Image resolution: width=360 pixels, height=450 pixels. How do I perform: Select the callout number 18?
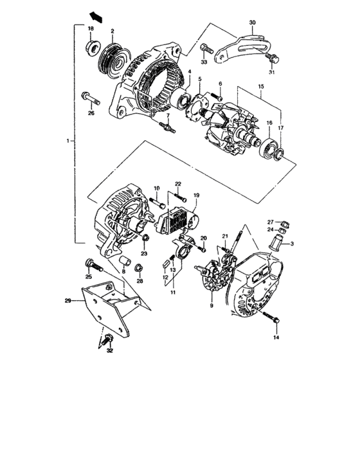coord(91,30)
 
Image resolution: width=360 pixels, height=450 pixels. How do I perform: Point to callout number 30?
coord(252,22)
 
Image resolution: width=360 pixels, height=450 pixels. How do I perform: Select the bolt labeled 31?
coord(273,59)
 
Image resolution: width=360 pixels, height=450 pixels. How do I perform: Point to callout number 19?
coord(197,194)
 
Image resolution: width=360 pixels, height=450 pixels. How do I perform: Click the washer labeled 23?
coord(146,241)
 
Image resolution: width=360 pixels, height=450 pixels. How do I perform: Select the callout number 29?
coord(67,300)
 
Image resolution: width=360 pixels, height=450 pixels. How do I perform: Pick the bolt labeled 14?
coord(274,319)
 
